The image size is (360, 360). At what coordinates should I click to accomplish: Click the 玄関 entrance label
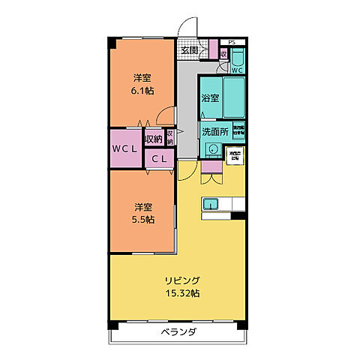[x=189, y=51]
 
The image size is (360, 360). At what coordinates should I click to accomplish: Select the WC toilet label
[x=237, y=70]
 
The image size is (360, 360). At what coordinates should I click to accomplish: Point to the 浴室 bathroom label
[x=209, y=98]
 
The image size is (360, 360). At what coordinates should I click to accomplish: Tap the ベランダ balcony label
[x=178, y=331]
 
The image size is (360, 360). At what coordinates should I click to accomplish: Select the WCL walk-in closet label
[x=124, y=148]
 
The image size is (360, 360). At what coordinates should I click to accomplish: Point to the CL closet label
[x=159, y=158]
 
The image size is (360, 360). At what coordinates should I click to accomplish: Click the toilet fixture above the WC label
[x=237, y=58]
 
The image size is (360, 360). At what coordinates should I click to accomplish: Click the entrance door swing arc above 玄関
[x=192, y=28]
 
